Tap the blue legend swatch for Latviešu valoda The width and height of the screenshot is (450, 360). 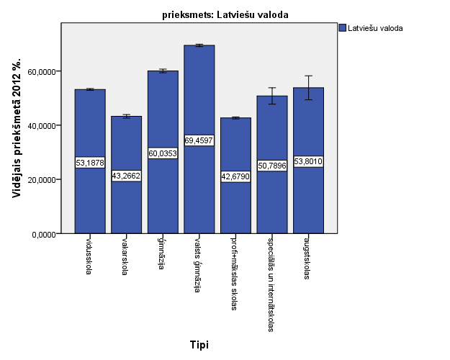coord(342,28)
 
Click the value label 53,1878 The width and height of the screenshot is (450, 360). coord(90,162)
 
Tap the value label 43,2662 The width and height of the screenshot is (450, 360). coord(126,175)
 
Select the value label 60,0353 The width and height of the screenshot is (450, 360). coord(163,153)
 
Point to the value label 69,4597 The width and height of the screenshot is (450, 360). coord(199,140)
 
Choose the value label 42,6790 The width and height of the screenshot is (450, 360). coord(235,176)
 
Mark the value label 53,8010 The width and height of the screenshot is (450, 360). coord(308,161)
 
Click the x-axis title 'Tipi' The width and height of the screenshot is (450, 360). coord(199,345)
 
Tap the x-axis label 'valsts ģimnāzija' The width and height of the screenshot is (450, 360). coord(198,264)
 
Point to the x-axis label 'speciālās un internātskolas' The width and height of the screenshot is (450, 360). coord(271,283)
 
